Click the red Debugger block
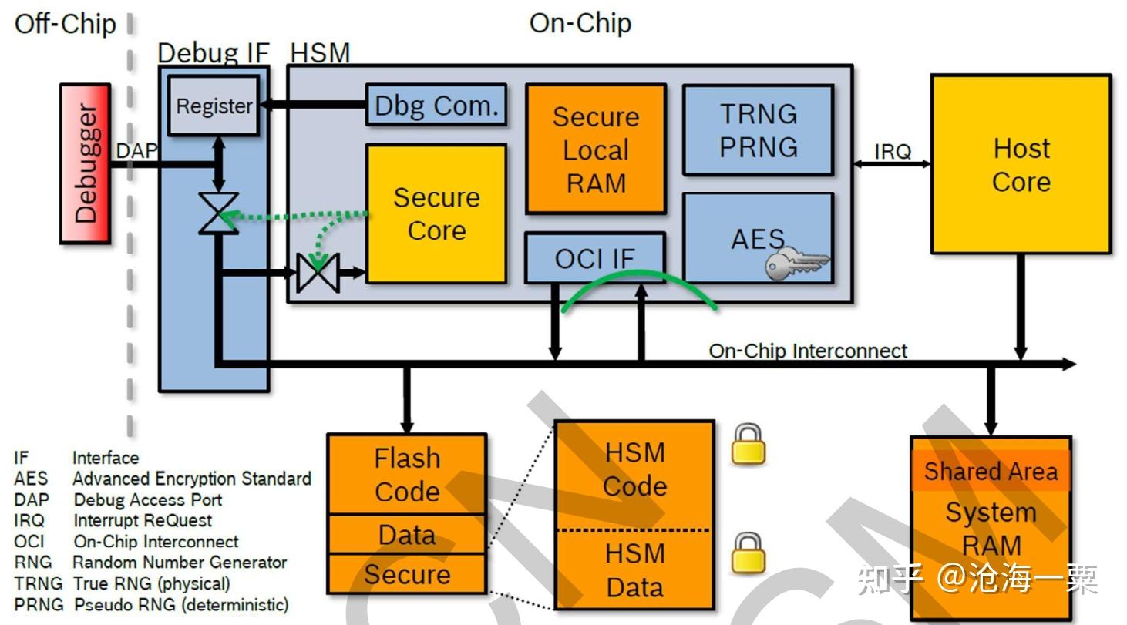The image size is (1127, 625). point(85,164)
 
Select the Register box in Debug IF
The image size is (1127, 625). point(214,106)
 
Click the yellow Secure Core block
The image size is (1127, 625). point(436,213)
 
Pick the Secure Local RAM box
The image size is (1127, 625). point(595,150)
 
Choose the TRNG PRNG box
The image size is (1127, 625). point(758,130)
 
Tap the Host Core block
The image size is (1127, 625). point(1021,164)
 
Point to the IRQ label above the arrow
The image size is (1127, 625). point(893,152)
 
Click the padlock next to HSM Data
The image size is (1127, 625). point(748,553)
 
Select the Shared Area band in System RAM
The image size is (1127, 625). point(991,471)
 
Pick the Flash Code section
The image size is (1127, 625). point(407,475)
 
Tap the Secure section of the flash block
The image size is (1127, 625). point(407,574)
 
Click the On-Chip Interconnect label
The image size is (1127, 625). point(808,351)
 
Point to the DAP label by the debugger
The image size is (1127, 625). point(136,151)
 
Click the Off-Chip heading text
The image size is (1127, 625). point(66,24)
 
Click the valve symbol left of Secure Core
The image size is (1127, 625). point(318,272)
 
